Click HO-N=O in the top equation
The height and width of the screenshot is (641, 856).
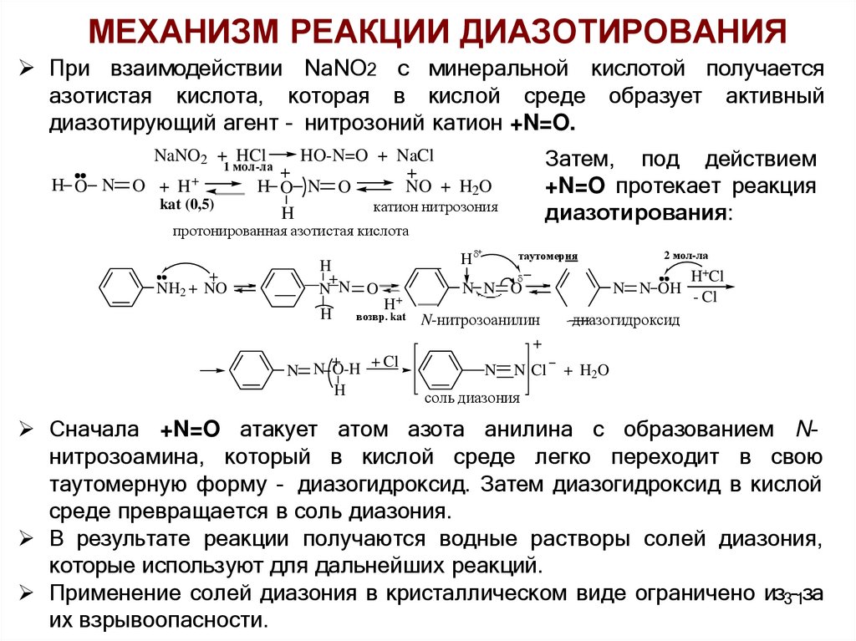pos(334,156)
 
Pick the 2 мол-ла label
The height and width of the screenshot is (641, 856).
pos(685,254)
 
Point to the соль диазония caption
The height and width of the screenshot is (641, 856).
pos(472,398)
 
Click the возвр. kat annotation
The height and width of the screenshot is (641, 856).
pos(380,318)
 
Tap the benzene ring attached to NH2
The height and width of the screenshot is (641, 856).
pos(120,288)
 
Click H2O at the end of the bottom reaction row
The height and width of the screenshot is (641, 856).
pos(594,370)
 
